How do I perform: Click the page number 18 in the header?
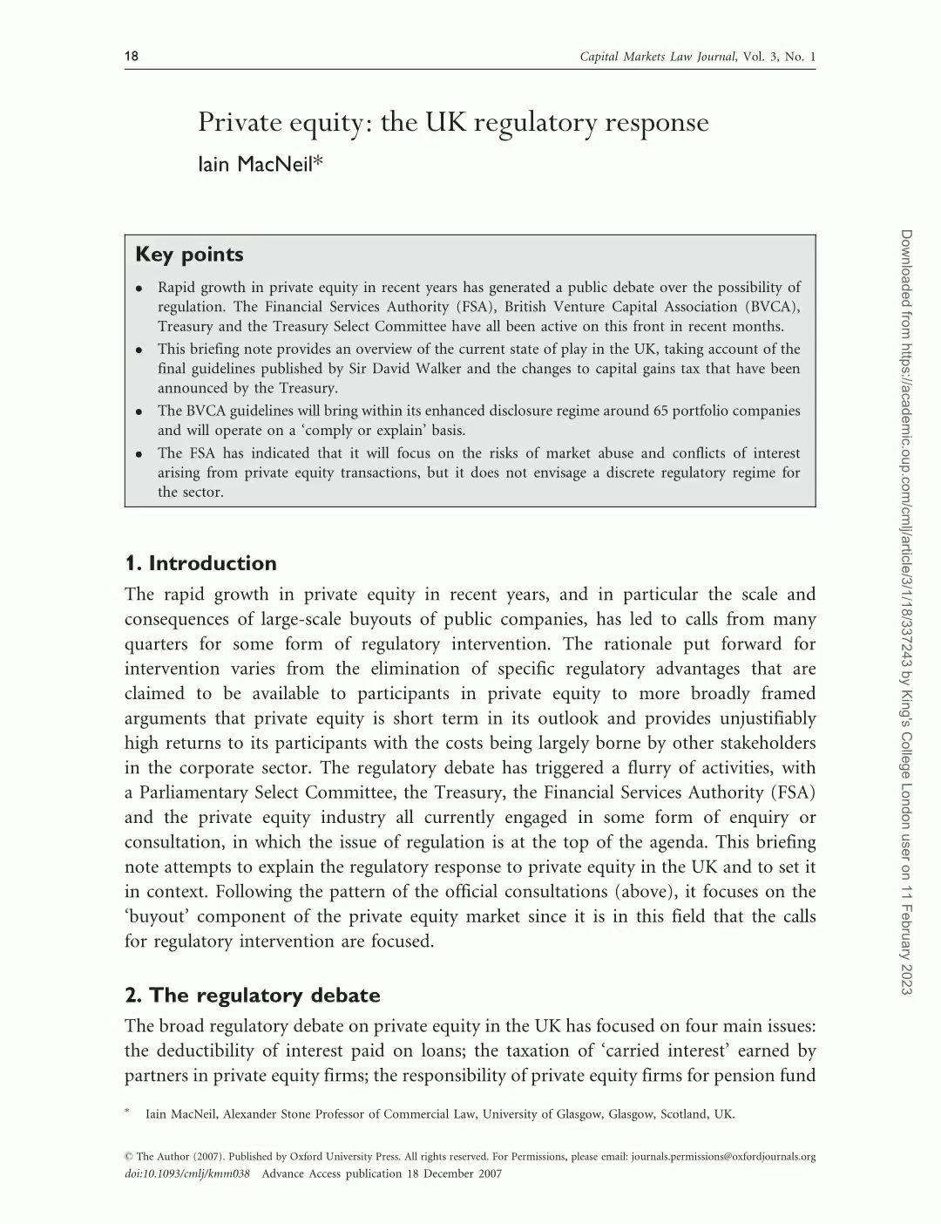tap(132, 57)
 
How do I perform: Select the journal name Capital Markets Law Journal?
tap(658, 58)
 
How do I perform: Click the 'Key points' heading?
tap(189, 255)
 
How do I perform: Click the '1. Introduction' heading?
tap(200, 563)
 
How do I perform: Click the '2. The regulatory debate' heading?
tap(252, 996)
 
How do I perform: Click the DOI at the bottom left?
tap(187, 1173)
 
